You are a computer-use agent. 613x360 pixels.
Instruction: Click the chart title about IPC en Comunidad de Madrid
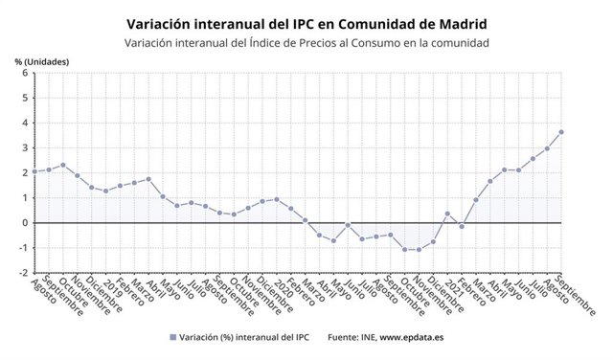pyautogui.click(x=306, y=21)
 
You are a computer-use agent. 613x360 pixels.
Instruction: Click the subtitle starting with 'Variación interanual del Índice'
pyautogui.click(x=306, y=43)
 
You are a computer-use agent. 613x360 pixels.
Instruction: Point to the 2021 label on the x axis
pyautogui.click(x=455, y=288)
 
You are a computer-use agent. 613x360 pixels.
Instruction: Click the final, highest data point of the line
pyautogui.click(x=561, y=132)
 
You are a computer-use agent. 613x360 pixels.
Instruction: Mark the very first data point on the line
pyautogui.click(x=34, y=171)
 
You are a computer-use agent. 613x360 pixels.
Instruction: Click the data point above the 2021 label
pyautogui.click(x=447, y=214)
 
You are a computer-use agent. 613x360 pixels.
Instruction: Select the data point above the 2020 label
pyautogui.click(x=277, y=199)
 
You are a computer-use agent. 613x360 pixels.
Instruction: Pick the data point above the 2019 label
pyautogui.click(x=105, y=191)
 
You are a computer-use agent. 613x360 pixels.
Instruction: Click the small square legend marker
pyautogui.click(x=172, y=337)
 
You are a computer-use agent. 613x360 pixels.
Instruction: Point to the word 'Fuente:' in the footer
pyautogui.click(x=346, y=337)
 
